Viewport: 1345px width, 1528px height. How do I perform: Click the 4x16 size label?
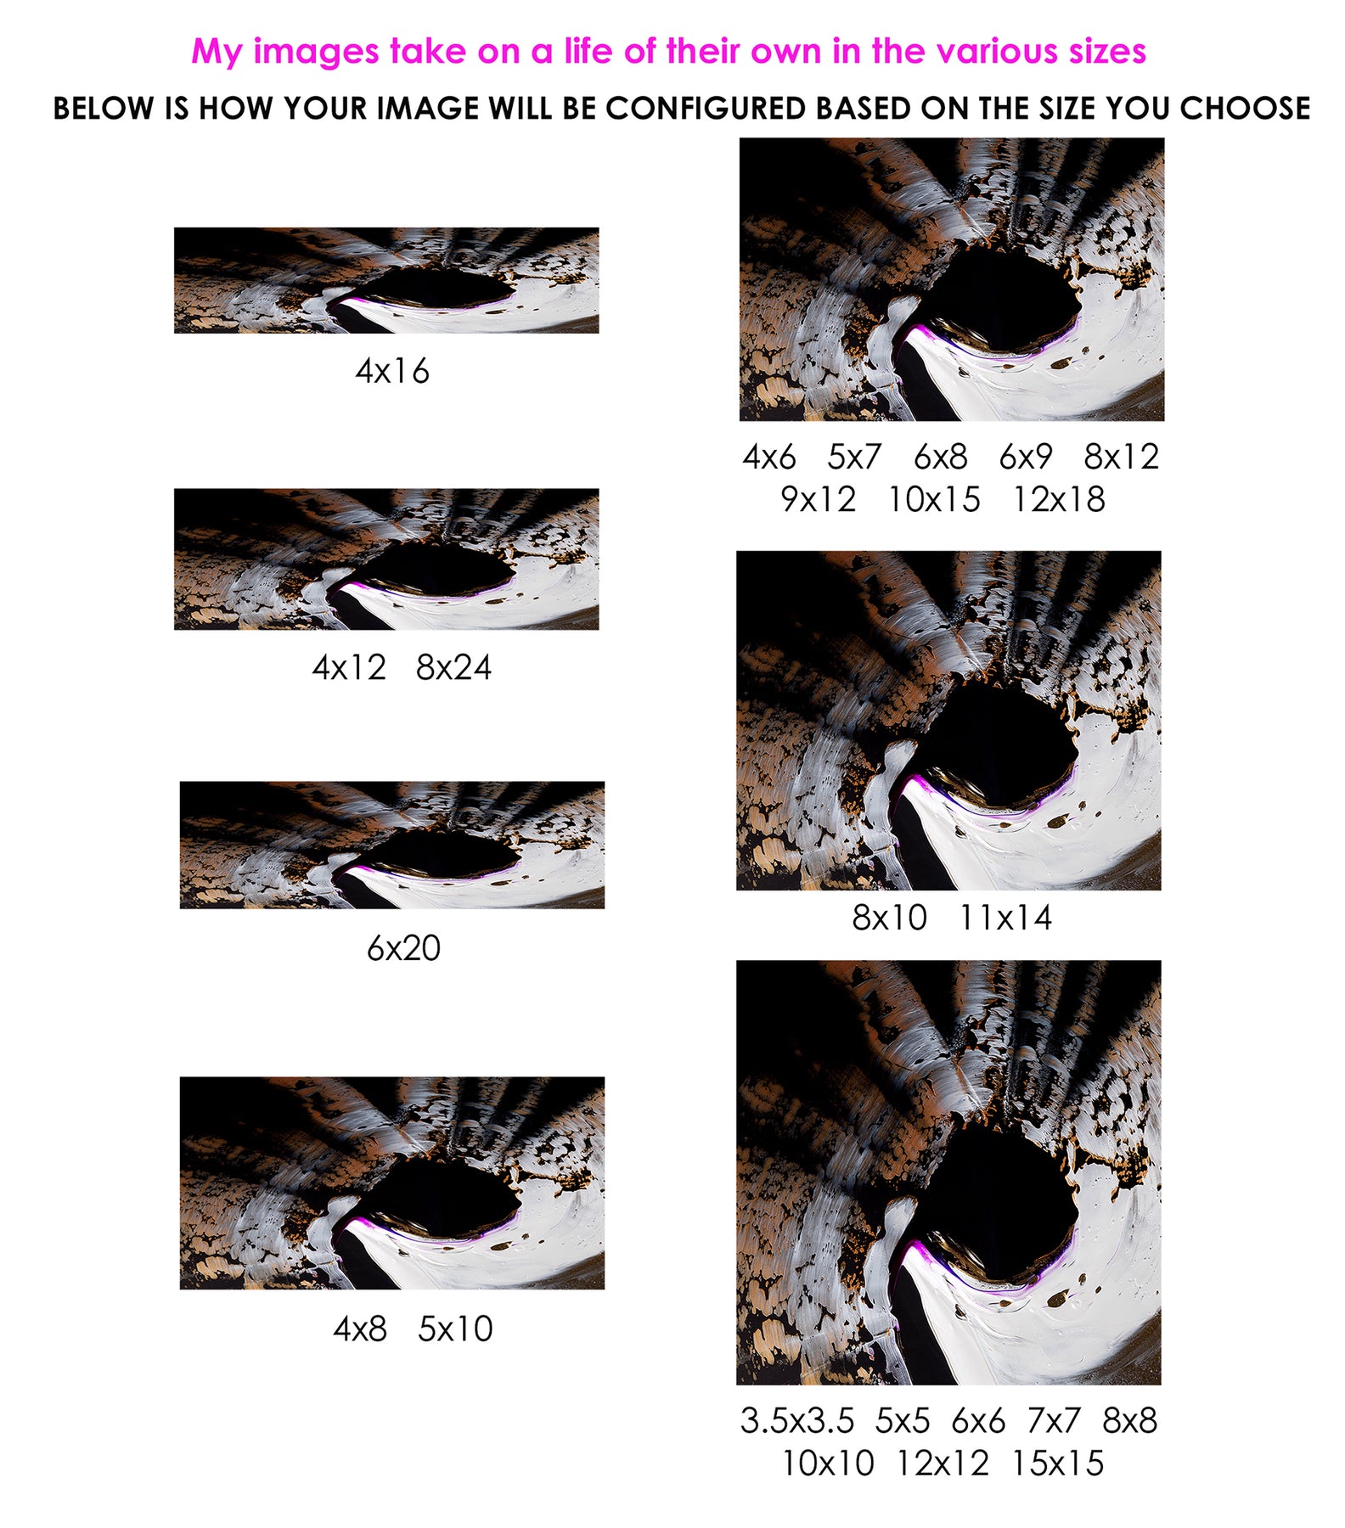[x=392, y=371]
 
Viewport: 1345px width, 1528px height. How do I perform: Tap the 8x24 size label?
[x=453, y=667]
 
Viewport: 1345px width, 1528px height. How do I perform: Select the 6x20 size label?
[x=403, y=947]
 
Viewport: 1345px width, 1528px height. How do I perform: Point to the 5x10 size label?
[x=455, y=1329]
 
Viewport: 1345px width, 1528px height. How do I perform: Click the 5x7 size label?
[x=855, y=457]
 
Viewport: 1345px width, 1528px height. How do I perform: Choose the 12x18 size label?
[x=1059, y=499]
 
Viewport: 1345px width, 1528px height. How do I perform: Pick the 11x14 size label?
[x=1005, y=918]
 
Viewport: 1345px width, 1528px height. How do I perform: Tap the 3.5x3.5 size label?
[x=797, y=1420]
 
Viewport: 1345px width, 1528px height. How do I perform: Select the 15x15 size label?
[x=1058, y=1463]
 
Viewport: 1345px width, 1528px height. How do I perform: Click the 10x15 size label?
[x=934, y=499]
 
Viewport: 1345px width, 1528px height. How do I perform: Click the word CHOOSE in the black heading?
[x=1245, y=109]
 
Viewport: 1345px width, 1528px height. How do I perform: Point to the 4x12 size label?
[x=349, y=667]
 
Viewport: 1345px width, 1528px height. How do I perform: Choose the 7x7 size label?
[x=1054, y=1420]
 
